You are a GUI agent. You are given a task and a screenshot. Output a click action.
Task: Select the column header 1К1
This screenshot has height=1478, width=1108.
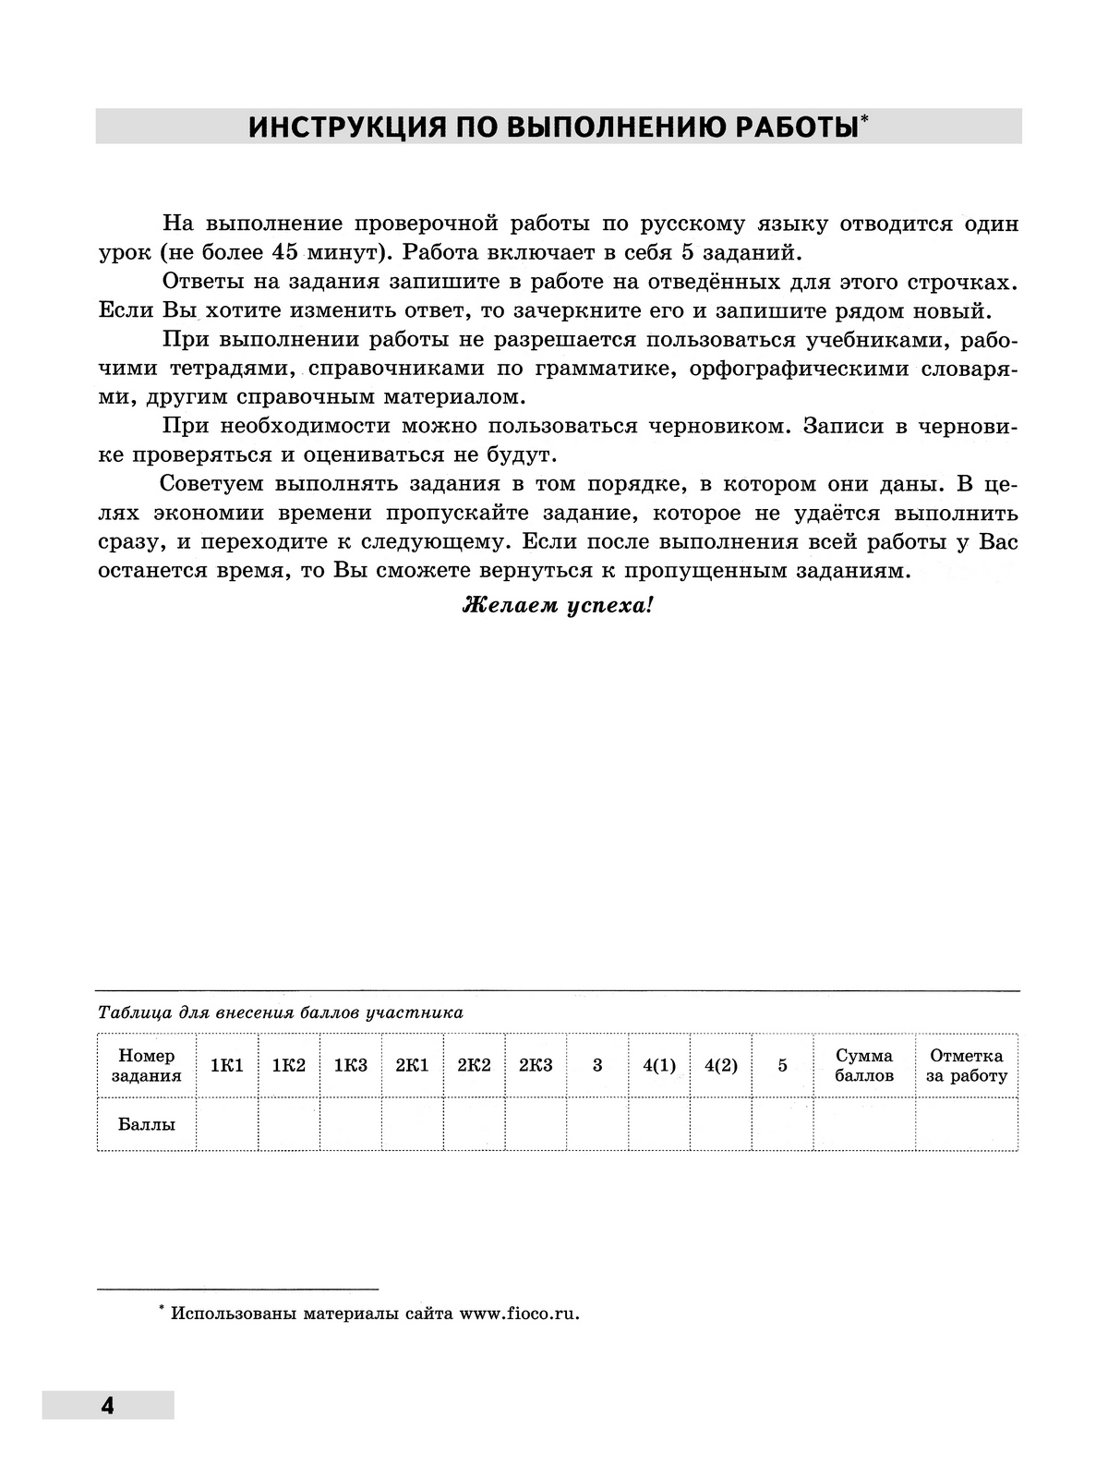click(227, 1065)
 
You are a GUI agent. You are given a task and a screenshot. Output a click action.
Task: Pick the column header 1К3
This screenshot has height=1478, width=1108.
click(350, 1065)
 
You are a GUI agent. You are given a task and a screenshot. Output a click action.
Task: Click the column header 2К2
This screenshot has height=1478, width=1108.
click(474, 1065)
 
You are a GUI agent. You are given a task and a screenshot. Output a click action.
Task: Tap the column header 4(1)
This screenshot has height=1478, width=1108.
click(659, 1065)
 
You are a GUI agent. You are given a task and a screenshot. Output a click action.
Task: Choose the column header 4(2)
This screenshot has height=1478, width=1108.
click(721, 1065)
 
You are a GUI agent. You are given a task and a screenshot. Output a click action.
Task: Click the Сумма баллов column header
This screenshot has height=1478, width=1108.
click(864, 1065)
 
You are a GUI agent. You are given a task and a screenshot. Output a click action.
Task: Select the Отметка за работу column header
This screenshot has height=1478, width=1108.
click(966, 1065)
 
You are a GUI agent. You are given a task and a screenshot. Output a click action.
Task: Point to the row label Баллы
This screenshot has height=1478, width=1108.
click(146, 1124)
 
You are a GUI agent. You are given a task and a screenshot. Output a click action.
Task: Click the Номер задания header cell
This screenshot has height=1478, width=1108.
click(146, 1065)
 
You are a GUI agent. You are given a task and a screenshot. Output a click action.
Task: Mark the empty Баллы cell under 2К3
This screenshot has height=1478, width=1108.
click(536, 1124)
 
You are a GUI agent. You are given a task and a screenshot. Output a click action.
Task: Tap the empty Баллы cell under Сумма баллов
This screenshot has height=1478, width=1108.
click(864, 1124)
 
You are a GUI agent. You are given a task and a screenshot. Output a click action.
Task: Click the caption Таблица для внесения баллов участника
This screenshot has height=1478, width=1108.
click(280, 1012)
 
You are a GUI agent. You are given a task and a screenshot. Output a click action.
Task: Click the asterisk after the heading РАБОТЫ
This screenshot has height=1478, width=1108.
click(864, 118)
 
